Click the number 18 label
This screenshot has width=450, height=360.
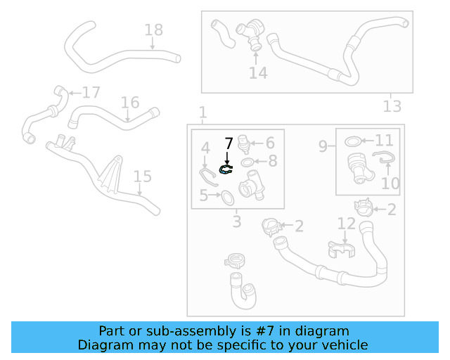153,30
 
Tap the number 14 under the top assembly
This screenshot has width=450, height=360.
258,72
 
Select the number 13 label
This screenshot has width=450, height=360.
392,106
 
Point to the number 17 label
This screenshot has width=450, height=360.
91,93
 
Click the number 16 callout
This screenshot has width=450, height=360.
129,103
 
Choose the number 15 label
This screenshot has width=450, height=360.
142,176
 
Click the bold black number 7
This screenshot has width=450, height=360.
228,144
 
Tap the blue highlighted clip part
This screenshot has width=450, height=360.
226,169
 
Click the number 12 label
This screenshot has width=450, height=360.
347,224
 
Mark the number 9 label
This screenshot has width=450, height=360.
323,146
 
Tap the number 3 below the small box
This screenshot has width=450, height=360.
237,222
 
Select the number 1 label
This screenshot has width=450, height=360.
202,112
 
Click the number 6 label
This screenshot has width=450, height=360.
269,143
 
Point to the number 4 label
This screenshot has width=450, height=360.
205,148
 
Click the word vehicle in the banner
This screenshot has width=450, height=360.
340,345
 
